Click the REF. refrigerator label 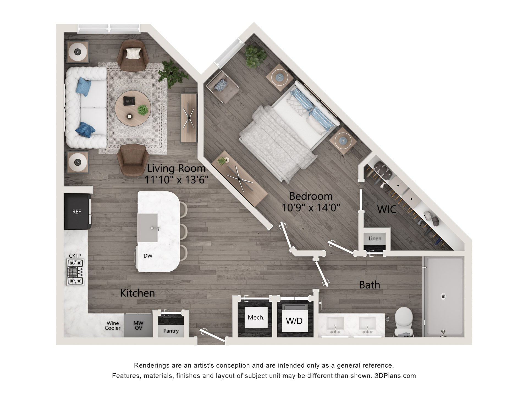pyautogui.click(x=77, y=212)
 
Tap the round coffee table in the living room pyautogui.click(x=133, y=108)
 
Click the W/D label pyautogui.click(x=294, y=321)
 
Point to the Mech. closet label pyautogui.click(x=256, y=317)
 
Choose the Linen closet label pyautogui.click(x=375, y=238)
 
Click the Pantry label pyautogui.click(x=171, y=331)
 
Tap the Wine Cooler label pyautogui.click(x=112, y=326)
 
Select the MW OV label pyautogui.click(x=138, y=326)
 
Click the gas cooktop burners pyautogui.click(x=75, y=272)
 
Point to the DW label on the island pyautogui.click(x=148, y=256)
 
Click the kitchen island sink pyautogui.click(x=148, y=228)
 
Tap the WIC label pyautogui.click(x=387, y=210)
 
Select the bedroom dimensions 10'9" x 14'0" pyautogui.click(x=311, y=207)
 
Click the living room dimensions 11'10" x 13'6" pyautogui.click(x=176, y=180)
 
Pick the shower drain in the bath pyautogui.click(x=443, y=296)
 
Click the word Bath pyautogui.click(x=370, y=285)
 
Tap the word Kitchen pyautogui.click(x=137, y=293)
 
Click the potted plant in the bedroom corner pyautogui.click(x=255, y=56)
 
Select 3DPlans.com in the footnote pyautogui.click(x=395, y=376)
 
